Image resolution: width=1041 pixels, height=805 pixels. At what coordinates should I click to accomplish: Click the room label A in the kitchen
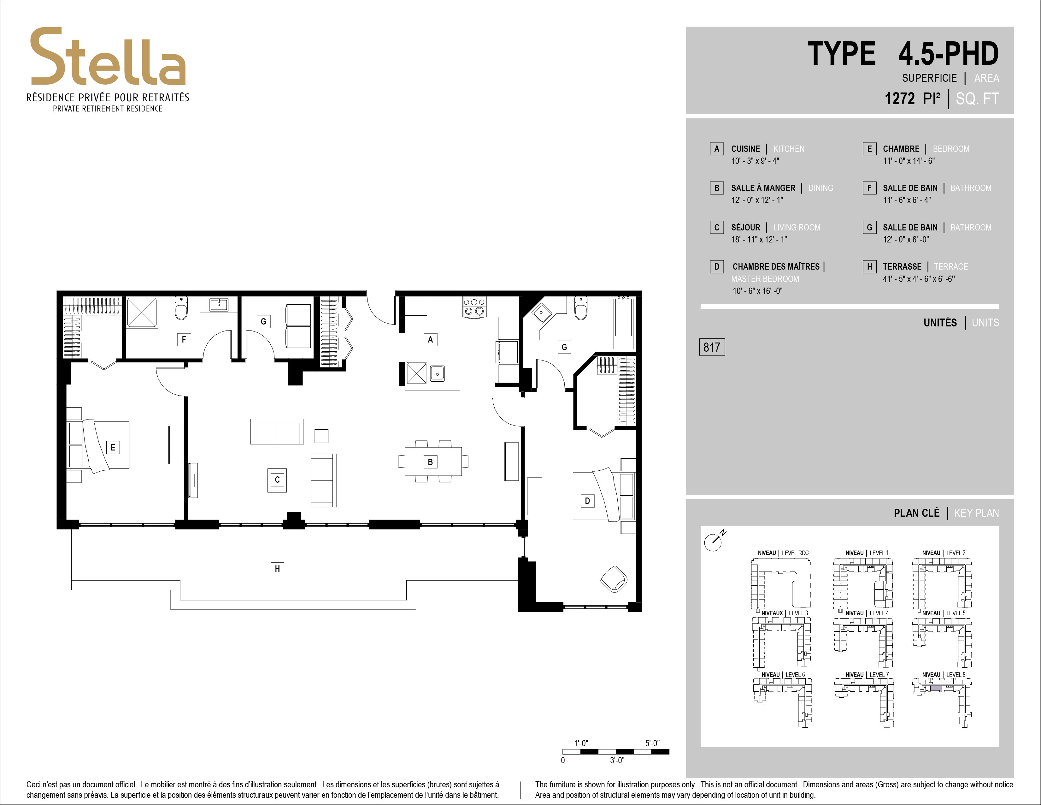430,340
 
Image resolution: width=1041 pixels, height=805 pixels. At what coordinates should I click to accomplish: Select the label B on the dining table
430,462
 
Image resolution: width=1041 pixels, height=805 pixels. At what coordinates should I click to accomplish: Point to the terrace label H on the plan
277,569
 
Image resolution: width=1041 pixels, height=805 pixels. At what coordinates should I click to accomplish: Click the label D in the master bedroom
587,501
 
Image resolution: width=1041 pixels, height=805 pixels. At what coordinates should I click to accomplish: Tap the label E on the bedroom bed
113,447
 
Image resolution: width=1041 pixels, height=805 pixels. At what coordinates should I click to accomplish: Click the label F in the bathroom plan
184,340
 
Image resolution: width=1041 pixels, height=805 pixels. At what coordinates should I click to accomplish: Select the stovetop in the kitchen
474,306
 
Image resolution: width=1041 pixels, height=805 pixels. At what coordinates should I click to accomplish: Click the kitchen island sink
438,373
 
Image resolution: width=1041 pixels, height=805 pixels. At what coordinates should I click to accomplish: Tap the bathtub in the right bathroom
623,322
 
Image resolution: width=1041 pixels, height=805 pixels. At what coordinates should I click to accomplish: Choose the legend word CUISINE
745,149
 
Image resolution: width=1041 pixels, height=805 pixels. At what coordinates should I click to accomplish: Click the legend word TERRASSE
902,266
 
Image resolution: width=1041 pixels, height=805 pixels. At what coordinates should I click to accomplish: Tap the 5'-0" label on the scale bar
652,743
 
